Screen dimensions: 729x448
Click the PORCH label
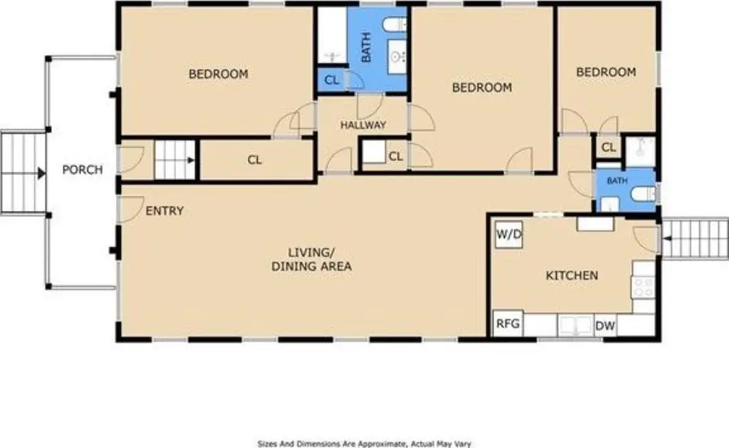pos(83,170)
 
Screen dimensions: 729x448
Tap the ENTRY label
pos(164,211)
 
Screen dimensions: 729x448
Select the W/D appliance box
pos(508,234)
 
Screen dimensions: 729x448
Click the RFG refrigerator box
pos(508,323)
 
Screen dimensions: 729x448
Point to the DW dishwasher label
pos(605,325)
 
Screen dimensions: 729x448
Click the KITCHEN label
pos(572,276)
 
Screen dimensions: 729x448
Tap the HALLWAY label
pos(363,125)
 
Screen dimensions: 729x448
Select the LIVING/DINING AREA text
pos(312,259)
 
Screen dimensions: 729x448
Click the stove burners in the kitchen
pos(644,286)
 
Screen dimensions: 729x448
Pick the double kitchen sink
pos(575,325)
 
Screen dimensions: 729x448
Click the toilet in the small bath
pos(644,194)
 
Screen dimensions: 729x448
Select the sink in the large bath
pos(397,57)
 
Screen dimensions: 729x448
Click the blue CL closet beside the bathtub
pos(332,80)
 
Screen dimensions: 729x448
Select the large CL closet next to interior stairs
pos(256,160)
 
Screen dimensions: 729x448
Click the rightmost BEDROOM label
pos(606,72)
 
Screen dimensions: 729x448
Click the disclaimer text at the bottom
pos(364,444)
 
